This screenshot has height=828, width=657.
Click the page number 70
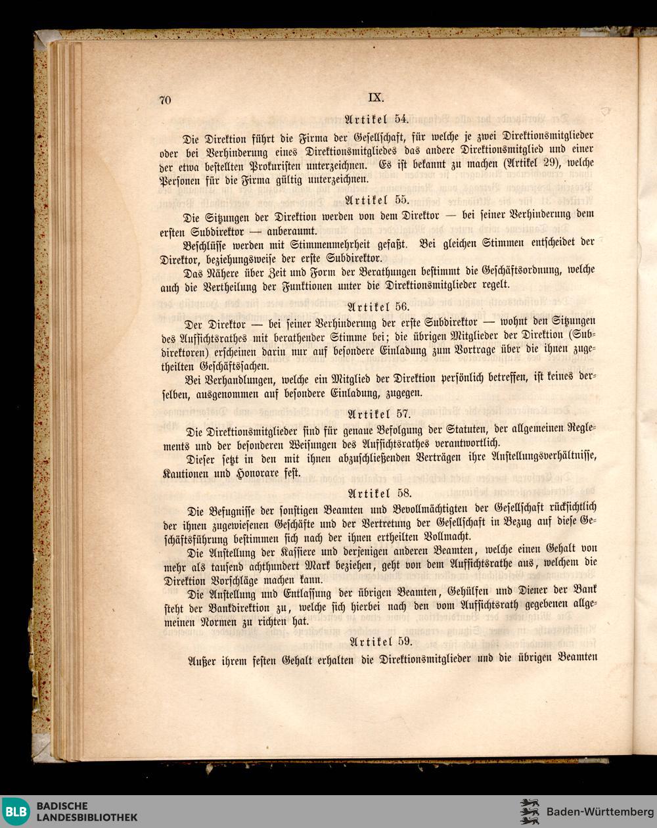pyautogui.click(x=165, y=100)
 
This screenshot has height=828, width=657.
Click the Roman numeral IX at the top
pyautogui.click(x=375, y=97)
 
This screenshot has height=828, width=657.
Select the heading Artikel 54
pyautogui.click(x=377, y=119)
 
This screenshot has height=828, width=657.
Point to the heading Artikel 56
pyautogui.click(x=378, y=306)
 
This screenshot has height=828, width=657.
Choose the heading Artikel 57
pyautogui.click(x=378, y=414)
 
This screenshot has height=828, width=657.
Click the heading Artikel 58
pyautogui.click(x=379, y=493)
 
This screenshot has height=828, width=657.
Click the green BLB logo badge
pyautogui.click(x=16, y=811)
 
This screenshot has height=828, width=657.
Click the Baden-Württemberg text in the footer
pyautogui.click(x=600, y=810)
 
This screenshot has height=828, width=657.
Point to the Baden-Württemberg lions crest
pyautogui.click(x=530, y=811)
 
